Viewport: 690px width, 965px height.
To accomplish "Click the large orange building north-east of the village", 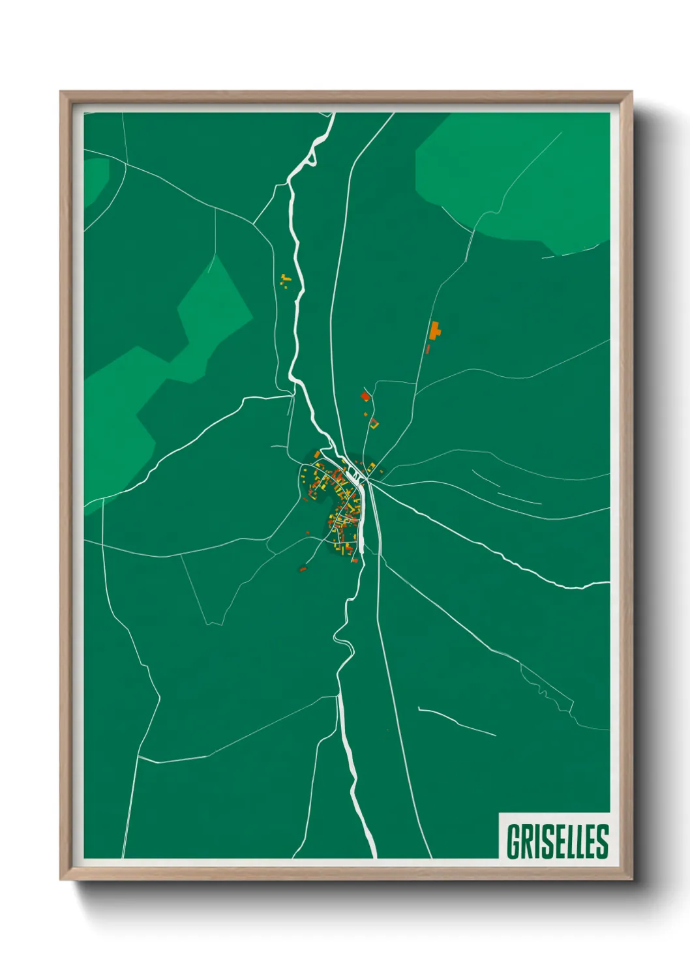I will (435, 330).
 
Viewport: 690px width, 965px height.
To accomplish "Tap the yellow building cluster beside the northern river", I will (284, 280).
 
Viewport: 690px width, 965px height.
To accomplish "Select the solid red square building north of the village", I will (365, 396).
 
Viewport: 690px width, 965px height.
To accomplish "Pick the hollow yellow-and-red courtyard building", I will (374, 423).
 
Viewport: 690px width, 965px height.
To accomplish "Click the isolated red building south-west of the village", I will (303, 569).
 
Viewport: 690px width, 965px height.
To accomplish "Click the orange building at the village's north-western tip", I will (316, 454).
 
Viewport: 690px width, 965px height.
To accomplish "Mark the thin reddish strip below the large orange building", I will (428, 349).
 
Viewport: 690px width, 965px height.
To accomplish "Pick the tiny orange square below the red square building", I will (365, 412).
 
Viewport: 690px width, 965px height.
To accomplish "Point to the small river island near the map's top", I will (312, 156).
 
